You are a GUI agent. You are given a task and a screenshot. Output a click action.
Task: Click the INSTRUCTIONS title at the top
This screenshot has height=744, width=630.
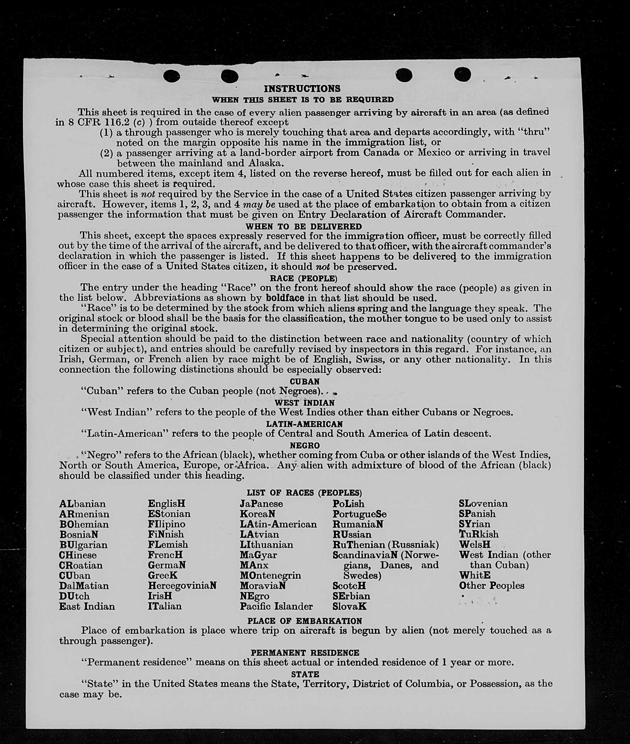[x=302, y=89]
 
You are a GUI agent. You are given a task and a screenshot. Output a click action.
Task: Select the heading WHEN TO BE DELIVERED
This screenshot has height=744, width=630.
[x=304, y=226]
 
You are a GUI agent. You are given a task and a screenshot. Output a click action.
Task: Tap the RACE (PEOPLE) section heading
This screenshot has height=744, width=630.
[x=304, y=278]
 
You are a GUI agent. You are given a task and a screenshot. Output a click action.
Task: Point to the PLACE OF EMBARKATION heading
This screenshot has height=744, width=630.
[x=304, y=621]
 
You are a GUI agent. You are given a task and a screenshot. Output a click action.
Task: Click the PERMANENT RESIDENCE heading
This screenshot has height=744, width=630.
[x=305, y=653]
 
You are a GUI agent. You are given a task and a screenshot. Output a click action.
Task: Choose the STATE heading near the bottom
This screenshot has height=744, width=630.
[x=305, y=674]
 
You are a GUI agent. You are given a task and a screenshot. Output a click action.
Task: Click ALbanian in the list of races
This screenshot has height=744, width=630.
[x=83, y=504]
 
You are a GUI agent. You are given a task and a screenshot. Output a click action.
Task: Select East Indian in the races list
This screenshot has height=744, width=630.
[x=87, y=606]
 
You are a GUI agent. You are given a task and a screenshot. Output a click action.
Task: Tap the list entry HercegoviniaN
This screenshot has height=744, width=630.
[x=182, y=586]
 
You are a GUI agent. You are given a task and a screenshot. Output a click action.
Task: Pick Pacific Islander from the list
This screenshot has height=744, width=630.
[x=276, y=606]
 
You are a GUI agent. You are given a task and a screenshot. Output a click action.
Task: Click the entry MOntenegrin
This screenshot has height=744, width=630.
[x=270, y=576]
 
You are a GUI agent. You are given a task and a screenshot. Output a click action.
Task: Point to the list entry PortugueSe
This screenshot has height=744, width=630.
[x=359, y=514]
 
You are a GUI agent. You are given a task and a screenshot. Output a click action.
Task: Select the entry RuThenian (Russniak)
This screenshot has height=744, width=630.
[x=385, y=545]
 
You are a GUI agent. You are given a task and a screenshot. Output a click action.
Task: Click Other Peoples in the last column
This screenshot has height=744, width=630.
[x=491, y=586]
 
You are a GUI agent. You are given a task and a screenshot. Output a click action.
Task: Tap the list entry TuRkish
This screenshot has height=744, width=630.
[x=479, y=534]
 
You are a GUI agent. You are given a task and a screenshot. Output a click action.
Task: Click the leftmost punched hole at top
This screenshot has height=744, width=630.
[x=171, y=75]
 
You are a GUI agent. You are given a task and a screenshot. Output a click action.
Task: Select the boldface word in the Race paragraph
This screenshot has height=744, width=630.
[x=285, y=298]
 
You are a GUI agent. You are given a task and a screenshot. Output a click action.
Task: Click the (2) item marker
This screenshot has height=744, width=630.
[x=106, y=153]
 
